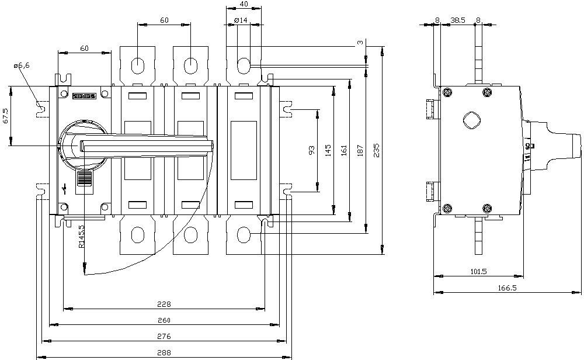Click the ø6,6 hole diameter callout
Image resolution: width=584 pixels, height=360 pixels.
point(22,65)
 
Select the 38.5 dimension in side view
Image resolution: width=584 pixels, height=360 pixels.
point(458,20)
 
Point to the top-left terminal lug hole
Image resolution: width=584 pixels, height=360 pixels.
point(138,66)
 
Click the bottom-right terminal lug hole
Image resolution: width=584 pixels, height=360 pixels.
point(244,235)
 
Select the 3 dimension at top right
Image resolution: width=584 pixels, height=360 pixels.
point(360,43)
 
